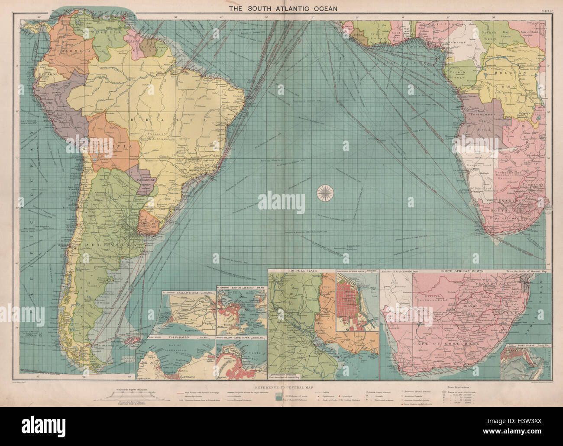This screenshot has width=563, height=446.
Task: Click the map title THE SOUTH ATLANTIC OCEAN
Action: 281,8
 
